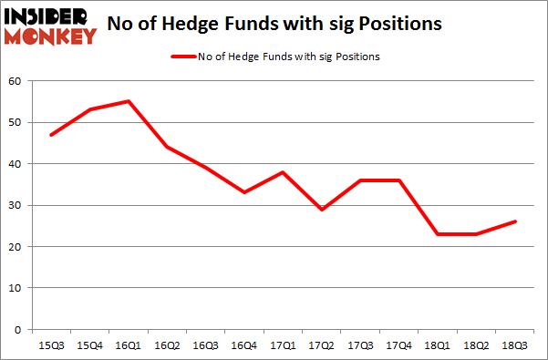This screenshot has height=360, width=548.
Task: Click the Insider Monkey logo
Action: (x=50, y=25)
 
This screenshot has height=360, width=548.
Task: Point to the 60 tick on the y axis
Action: (x=15, y=81)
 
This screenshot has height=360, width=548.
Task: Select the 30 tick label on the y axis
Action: (x=15, y=205)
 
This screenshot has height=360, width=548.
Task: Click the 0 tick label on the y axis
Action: (x=18, y=329)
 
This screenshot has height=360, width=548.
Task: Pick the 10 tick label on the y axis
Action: (x=15, y=288)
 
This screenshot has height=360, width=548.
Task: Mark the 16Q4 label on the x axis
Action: (x=245, y=345)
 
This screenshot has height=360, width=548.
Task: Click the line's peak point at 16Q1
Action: (x=128, y=101)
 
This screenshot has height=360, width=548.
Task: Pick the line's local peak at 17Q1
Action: (x=284, y=172)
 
